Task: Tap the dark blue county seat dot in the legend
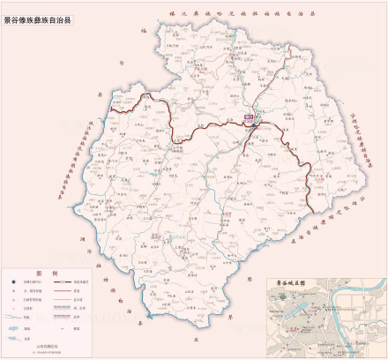[x=13, y=281]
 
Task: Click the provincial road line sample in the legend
[x=61, y=291]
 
